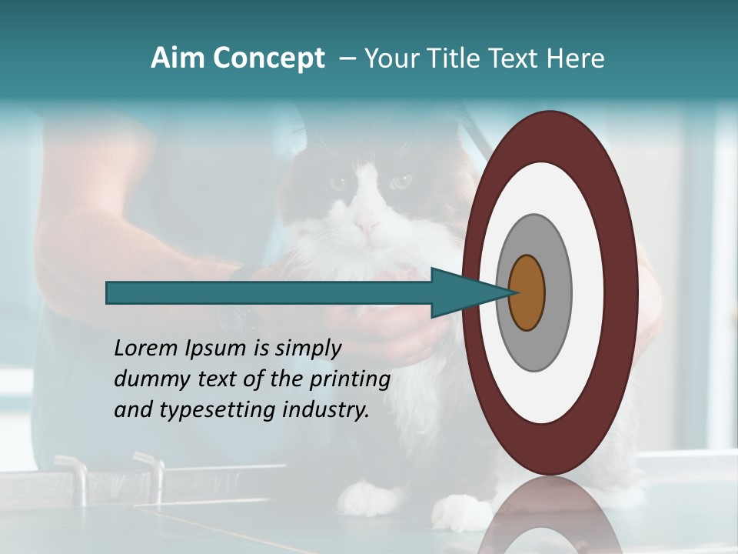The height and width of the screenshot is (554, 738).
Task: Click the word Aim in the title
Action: click(178, 58)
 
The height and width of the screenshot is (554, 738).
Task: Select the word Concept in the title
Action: click(268, 58)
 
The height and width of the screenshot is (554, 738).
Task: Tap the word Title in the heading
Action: click(457, 58)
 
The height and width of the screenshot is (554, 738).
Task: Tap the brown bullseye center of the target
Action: click(527, 292)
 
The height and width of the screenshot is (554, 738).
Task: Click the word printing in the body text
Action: click(351, 380)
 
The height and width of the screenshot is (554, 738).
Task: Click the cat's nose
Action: click(367, 225)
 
